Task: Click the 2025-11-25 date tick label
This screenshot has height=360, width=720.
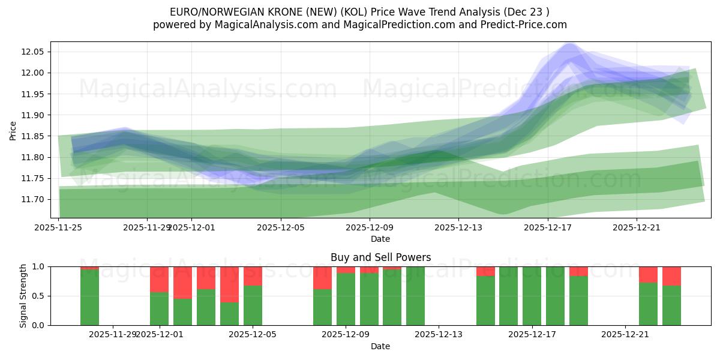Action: tap(58, 227)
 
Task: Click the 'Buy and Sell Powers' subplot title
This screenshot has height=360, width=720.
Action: tap(380, 257)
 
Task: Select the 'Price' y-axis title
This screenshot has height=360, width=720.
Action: tap(13, 130)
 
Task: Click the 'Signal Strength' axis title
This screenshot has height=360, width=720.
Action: tap(23, 296)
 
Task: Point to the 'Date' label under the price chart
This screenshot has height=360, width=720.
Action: tap(380, 239)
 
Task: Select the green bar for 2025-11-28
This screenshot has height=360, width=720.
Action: tap(89, 297)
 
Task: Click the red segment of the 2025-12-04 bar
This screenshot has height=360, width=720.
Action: tap(229, 284)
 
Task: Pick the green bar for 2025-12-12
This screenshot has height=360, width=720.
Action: tap(415, 296)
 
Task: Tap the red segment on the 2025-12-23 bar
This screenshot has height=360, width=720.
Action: tap(671, 276)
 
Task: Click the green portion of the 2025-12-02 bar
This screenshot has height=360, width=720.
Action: tap(182, 312)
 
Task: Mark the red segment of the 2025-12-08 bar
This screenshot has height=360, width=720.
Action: tap(322, 278)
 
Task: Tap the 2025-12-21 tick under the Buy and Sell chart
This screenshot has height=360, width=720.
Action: tap(625, 334)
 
